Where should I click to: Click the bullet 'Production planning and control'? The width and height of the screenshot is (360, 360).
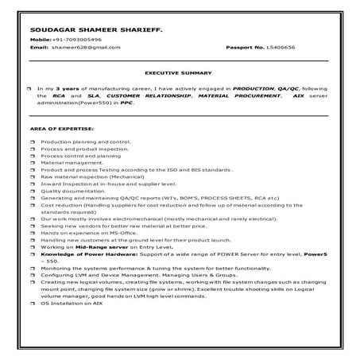point(89,141)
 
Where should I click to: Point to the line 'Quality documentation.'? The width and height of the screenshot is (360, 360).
point(76,191)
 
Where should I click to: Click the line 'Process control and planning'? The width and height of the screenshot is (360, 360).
point(85,156)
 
